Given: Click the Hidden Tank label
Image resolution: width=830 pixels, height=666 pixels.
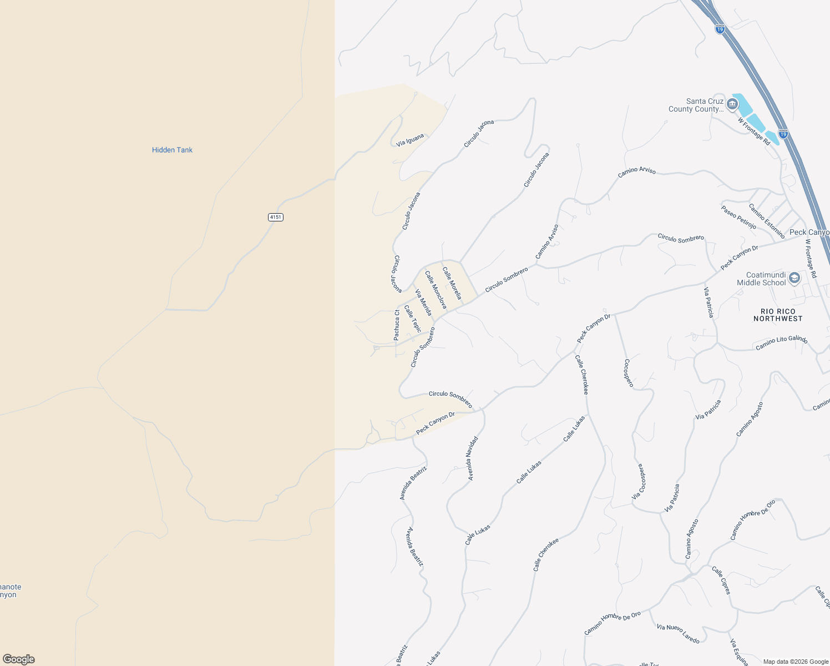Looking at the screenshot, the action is [172, 150].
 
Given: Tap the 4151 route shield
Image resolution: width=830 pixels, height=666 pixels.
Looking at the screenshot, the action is [276, 217].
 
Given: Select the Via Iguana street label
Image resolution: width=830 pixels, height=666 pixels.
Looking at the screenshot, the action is [411, 140].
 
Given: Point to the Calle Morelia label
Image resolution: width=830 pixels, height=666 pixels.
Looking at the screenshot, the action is [452, 283].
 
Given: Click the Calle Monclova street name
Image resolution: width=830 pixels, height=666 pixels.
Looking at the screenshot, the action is [436, 290].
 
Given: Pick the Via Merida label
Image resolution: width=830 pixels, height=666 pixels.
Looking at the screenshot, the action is [423, 302].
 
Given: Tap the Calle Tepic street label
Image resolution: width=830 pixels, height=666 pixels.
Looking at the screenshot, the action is [412, 319].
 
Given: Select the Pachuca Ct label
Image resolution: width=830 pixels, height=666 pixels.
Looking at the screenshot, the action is [397, 325].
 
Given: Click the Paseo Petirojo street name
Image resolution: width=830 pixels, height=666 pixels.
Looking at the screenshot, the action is [738, 217].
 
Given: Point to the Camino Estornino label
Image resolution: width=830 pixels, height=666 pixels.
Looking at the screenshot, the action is [766, 221].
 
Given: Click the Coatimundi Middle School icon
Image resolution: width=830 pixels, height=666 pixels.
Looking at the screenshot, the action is [794, 278].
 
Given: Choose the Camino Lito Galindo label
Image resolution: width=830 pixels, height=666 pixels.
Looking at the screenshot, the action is [781, 343].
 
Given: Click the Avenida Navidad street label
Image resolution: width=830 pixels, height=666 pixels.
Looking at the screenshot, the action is [472, 458].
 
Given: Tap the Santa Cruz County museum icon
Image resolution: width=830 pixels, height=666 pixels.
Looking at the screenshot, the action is [732, 104].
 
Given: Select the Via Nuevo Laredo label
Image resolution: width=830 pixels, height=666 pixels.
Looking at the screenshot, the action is [678, 633].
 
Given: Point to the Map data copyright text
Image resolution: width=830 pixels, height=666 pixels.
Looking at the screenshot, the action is [794, 662].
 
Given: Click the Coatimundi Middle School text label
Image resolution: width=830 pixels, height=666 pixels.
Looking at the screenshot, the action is [761, 279].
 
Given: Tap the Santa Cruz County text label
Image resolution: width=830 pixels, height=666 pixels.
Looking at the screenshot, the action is [697, 105].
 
